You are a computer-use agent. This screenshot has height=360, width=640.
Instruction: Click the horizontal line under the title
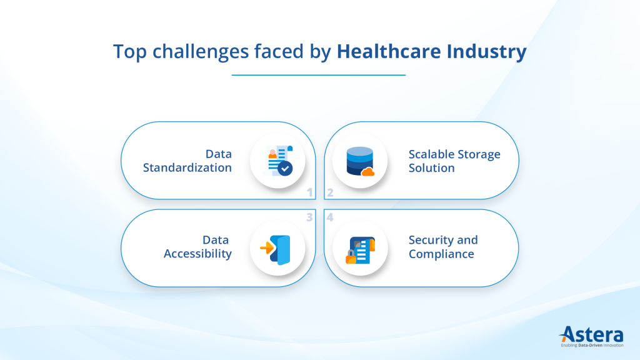coord(319,75)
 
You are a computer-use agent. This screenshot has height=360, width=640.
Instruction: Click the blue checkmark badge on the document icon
coord(285,168)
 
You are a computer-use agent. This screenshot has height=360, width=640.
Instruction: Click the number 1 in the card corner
coord(309,193)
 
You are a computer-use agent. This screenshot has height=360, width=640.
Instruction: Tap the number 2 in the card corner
coord(330,193)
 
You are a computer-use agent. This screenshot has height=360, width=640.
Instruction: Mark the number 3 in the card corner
coord(309,217)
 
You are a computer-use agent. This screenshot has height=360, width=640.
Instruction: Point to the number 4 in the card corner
coord(330,217)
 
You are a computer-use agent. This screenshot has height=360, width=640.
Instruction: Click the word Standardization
coord(187,167)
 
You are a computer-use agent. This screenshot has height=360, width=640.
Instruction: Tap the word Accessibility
coord(197,254)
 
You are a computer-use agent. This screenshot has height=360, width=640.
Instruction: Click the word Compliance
coord(441,254)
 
